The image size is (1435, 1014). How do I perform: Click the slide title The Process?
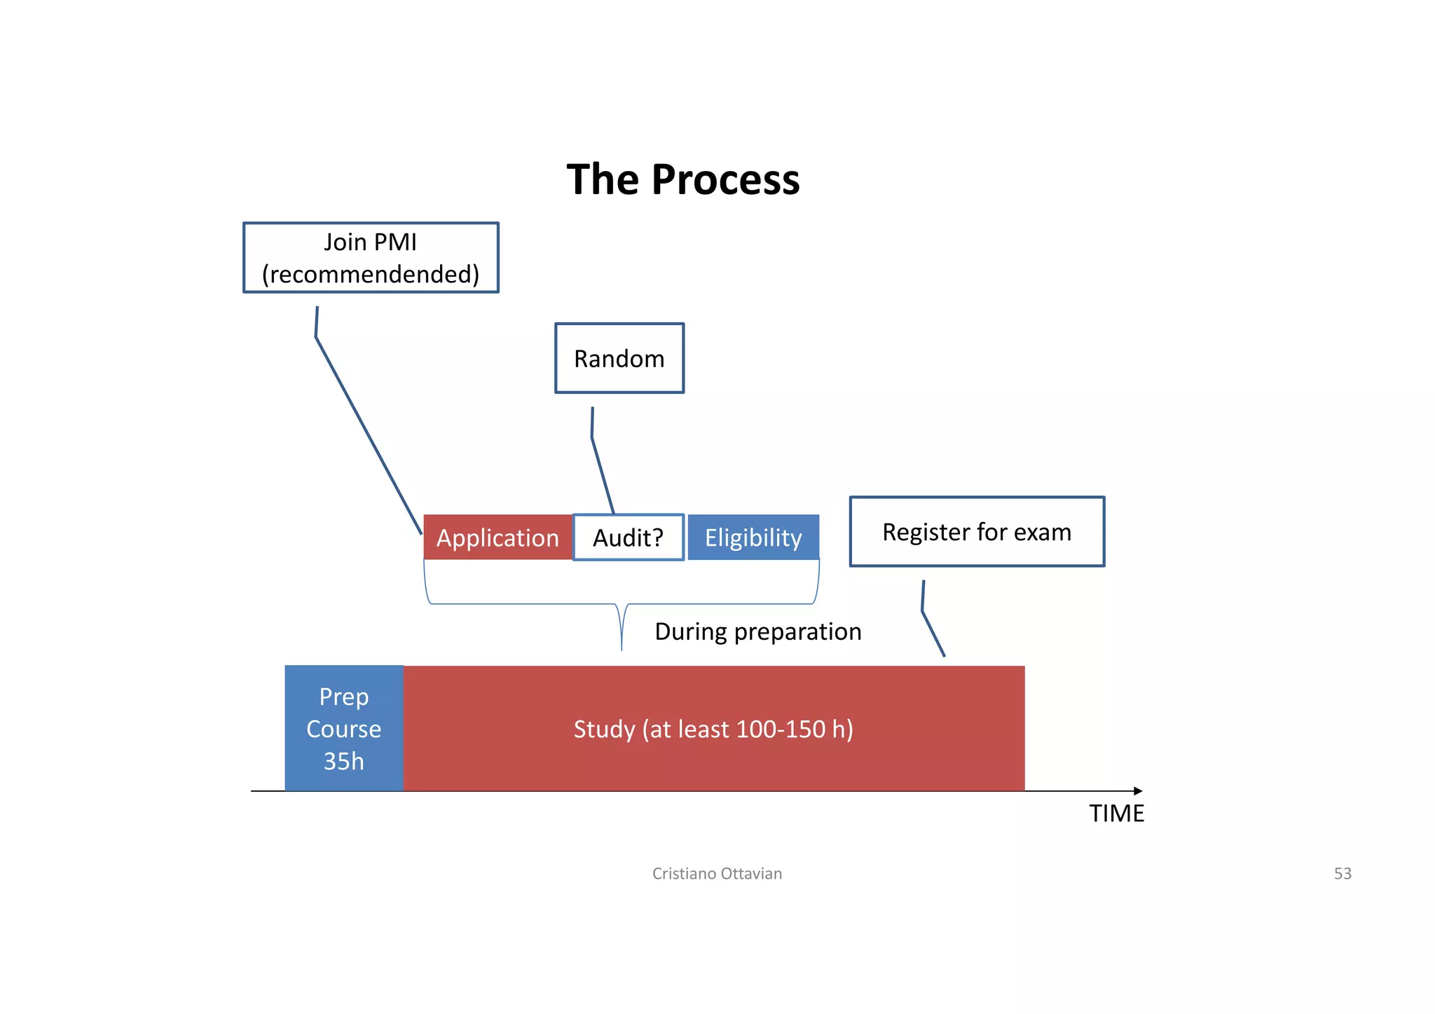(x=682, y=179)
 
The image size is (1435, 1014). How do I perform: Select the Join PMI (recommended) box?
(x=371, y=257)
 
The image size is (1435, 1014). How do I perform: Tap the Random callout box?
(x=619, y=358)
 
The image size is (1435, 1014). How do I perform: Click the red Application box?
(x=497, y=537)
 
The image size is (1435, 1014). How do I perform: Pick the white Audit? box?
(x=628, y=537)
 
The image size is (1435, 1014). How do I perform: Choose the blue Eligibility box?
(x=753, y=537)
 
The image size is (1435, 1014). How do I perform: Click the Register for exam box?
(x=977, y=532)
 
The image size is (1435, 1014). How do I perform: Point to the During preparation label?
(x=757, y=631)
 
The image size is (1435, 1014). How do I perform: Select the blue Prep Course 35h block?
(x=344, y=728)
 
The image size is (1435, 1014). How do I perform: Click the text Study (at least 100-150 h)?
(x=713, y=729)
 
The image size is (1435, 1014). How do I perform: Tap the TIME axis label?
(x=1116, y=814)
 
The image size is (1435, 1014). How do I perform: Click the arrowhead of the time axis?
(x=1138, y=791)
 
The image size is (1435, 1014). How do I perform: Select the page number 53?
(x=1342, y=873)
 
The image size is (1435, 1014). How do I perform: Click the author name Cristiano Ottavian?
(x=717, y=873)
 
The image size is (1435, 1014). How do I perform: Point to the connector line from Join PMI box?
(x=368, y=434)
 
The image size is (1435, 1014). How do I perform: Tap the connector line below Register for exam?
(x=932, y=631)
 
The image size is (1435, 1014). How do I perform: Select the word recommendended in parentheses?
(x=371, y=274)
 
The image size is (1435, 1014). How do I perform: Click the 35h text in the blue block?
(x=343, y=761)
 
